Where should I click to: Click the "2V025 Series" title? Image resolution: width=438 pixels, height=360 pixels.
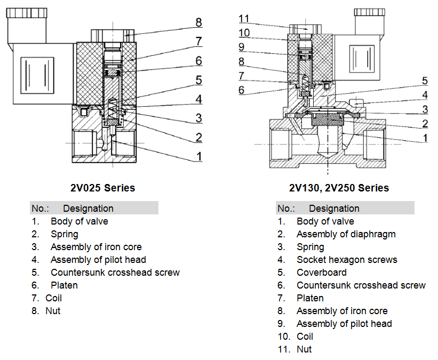(102, 188)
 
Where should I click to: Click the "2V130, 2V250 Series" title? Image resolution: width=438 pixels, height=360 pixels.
(339, 188)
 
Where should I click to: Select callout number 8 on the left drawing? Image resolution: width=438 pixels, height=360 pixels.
(198, 22)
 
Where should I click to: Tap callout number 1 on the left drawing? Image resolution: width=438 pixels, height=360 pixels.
(198, 156)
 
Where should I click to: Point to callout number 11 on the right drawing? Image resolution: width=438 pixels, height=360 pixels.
(244, 19)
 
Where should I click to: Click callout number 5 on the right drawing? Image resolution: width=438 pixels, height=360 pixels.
(425, 81)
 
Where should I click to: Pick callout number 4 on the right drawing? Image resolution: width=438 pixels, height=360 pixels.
(425, 95)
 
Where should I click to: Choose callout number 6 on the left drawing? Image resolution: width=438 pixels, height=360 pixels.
(198, 61)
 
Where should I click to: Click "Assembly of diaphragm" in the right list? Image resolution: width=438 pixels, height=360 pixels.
(346, 234)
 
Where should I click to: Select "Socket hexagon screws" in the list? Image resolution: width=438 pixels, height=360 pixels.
(347, 260)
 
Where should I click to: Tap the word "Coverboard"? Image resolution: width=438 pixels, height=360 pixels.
(321, 273)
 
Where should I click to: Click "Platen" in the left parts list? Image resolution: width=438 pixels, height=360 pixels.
(64, 285)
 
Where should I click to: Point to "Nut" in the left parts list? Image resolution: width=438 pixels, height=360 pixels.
(53, 311)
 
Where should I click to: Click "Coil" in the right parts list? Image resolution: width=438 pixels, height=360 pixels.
(305, 337)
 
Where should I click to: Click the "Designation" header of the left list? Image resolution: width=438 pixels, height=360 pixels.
(88, 209)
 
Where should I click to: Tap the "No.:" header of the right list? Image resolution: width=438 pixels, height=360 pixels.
(286, 209)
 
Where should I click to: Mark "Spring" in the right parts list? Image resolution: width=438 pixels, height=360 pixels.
(310, 247)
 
